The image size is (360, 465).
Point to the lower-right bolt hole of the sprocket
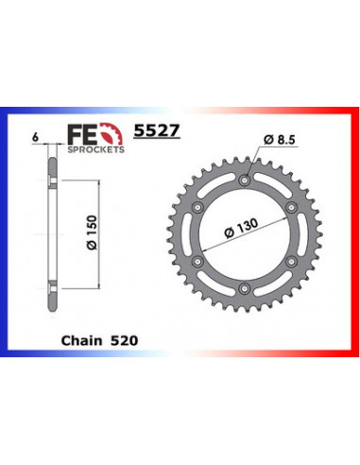pos(291,261)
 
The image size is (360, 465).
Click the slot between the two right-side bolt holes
pos(297,233)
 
